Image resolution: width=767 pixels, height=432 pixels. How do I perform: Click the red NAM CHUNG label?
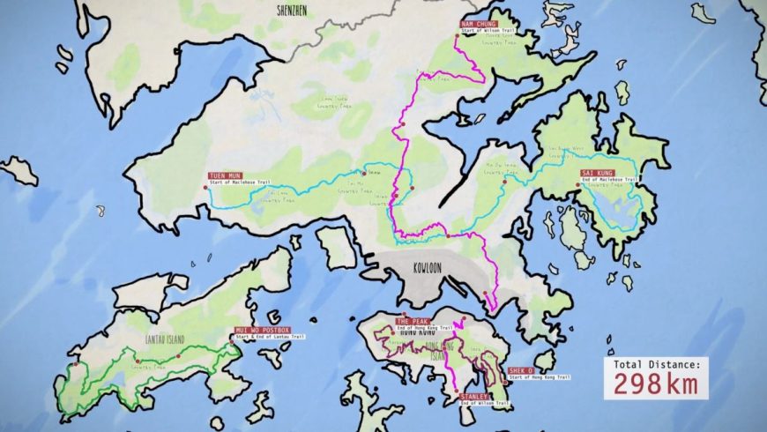point(479,24)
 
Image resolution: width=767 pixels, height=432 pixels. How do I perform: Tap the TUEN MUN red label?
point(224,175)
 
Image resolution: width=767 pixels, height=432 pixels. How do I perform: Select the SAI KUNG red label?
point(597,174)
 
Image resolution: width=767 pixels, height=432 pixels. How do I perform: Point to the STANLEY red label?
point(473,397)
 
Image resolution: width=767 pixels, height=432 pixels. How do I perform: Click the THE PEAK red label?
point(411,321)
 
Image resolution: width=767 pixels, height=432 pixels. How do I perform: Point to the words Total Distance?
point(656,362)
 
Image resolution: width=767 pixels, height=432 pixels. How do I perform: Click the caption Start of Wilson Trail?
point(488,31)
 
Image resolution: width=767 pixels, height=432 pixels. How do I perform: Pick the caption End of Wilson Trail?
point(483,404)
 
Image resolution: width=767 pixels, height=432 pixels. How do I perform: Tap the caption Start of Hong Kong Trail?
point(539,377)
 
